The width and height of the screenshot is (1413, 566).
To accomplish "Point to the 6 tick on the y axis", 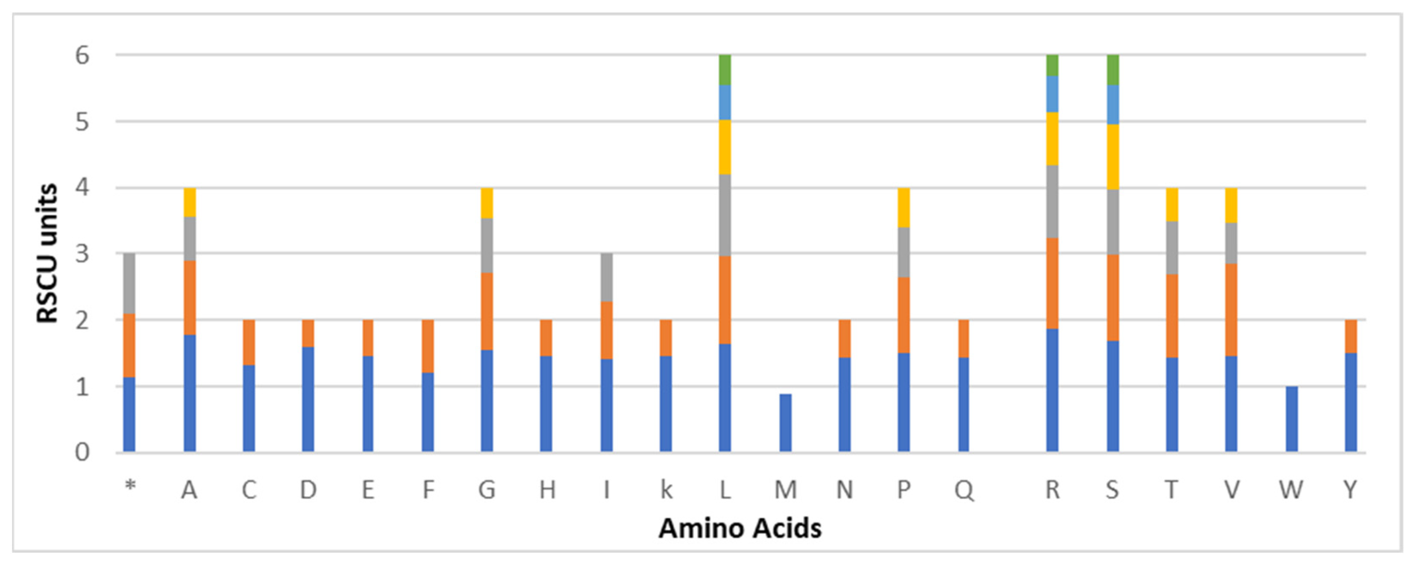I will (x=82, y=55).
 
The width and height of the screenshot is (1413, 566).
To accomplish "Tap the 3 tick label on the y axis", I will (x=82, y=254).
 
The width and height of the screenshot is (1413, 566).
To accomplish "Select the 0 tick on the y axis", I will (x=82, y=453).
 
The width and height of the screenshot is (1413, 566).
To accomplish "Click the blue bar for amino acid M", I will (x=785, y=423).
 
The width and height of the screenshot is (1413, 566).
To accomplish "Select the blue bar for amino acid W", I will (x=1292, y=419).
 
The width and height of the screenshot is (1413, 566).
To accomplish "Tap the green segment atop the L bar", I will (x=725, y=70).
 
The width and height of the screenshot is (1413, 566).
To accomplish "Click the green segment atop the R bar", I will (x=1052, y=65).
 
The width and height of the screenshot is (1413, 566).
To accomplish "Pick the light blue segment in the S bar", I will (x=1112, y=104).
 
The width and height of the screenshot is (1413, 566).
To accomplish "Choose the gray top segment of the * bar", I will (x=129, y=283).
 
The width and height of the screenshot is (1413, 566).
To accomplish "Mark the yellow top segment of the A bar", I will (x=190, y=202).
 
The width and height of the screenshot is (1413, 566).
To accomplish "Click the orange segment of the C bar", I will (x=249, y=342).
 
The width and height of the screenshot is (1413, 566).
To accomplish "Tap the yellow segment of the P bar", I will (x=904, y=207).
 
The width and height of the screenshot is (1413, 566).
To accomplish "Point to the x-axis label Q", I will (x=964, y=489).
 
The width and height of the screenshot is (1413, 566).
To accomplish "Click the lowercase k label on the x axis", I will (x=666, y=489).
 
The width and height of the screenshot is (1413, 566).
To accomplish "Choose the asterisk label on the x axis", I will (x=130, y=486).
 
